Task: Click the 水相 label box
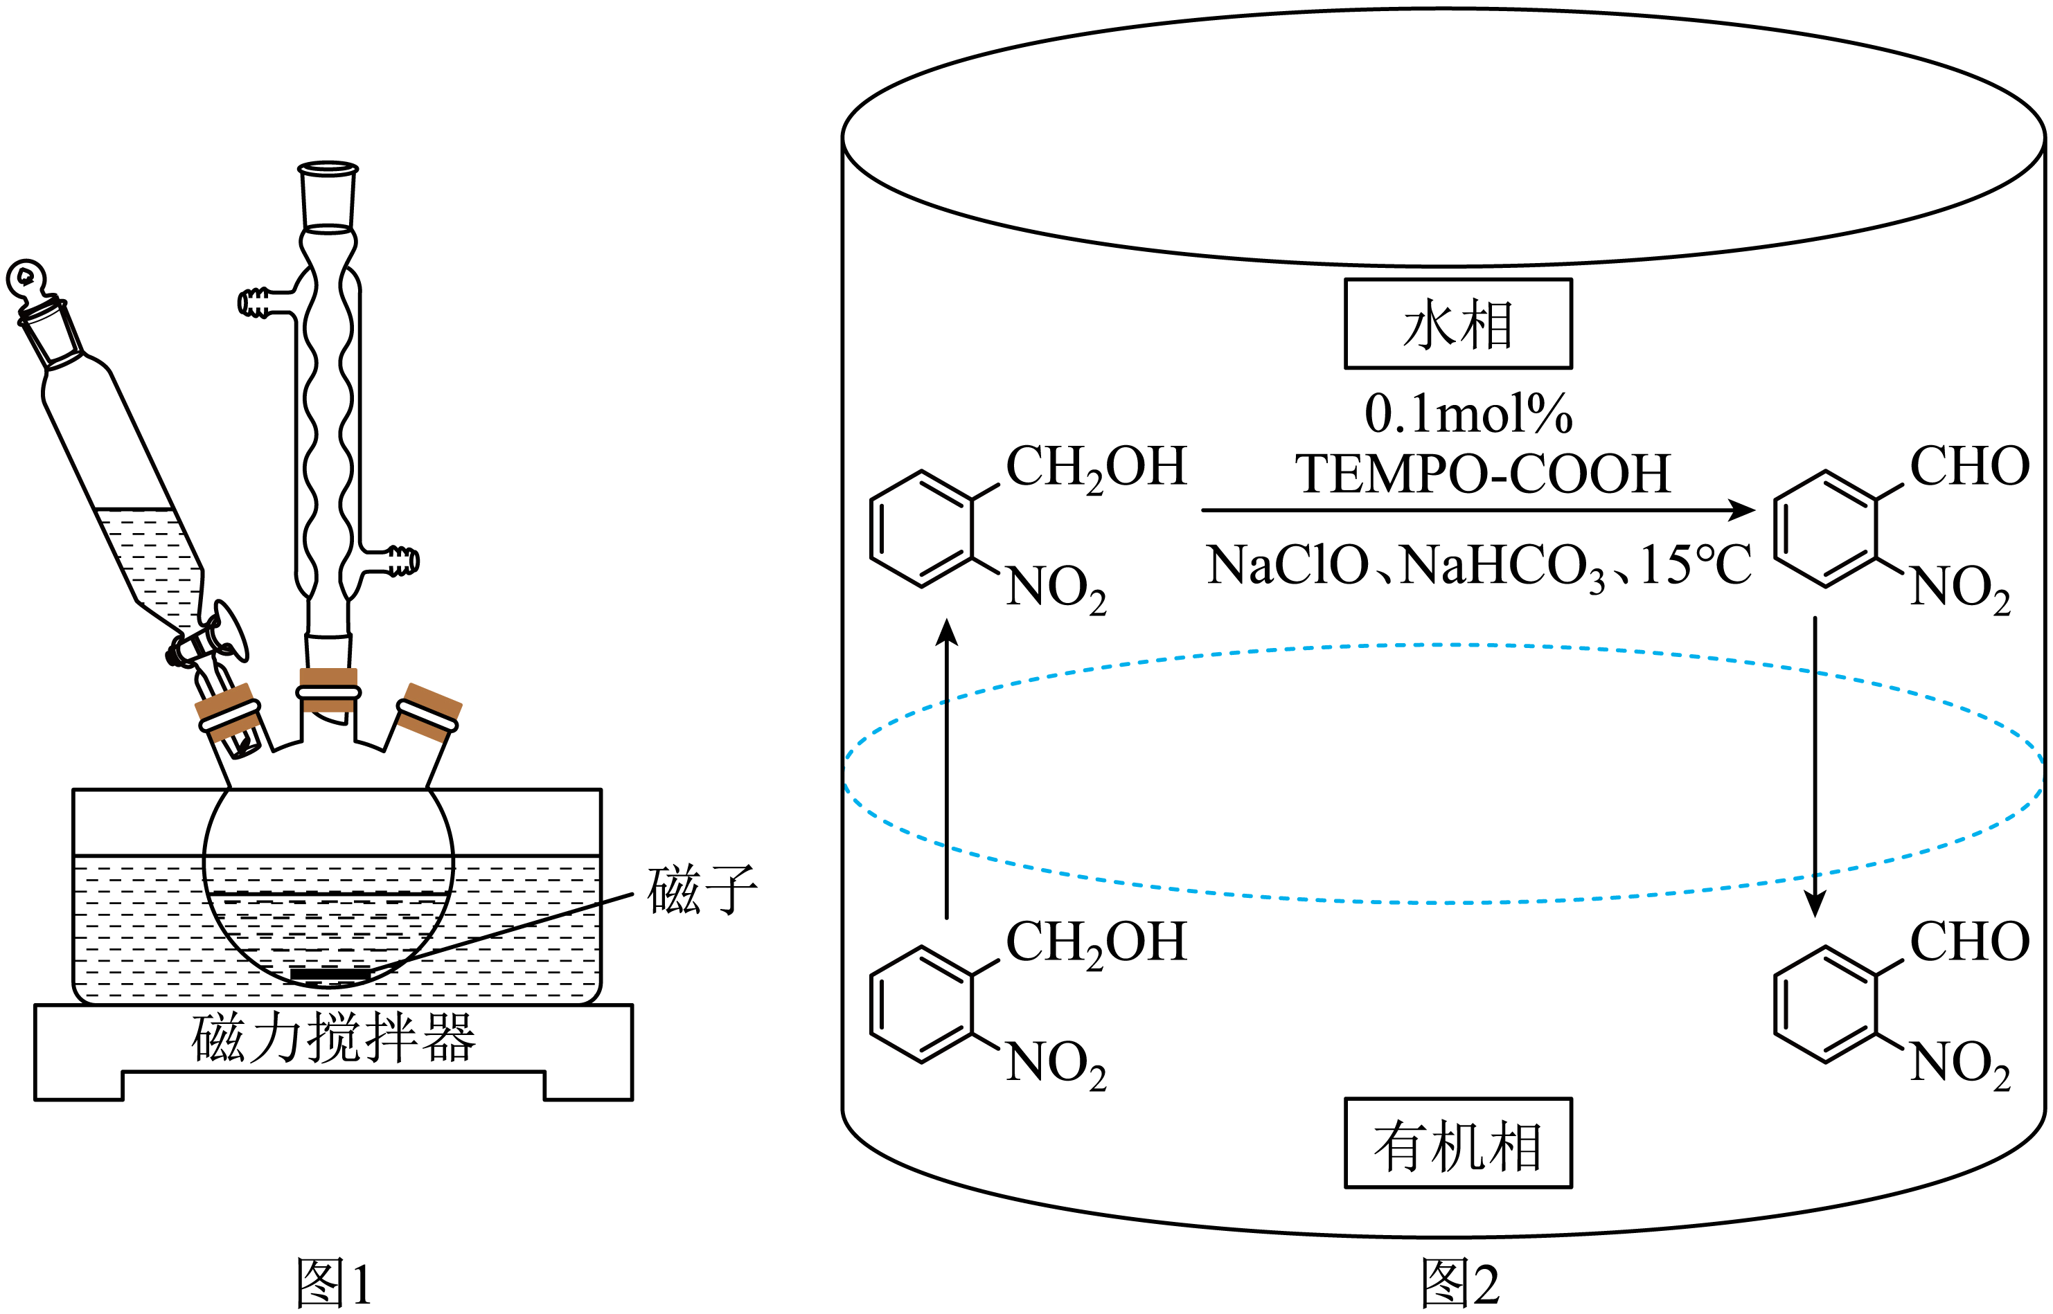pyautogui.click(x=1457, y=324)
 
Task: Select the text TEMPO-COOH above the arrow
pyautogui.click(x=1483, y=474)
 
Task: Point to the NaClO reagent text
pyautogui.click(x=1288, y=565)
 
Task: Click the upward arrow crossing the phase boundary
pyautogui.click(x=947, y=768)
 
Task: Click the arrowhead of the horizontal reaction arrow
pyautogui.click(x=1741, y=510)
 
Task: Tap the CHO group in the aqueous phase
pyautogui.click(x=1970, y=467)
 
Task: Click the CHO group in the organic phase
pyautogui.click(x=1970, y=942)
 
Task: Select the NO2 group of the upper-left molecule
pyautogui.click(x=1056, y=588)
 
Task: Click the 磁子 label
pyautogui.click(x=702, y=889)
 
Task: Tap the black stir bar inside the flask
pyautogui.click(x=331, y=973)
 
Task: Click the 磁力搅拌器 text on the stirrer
pyautogui.click(x=333, y=1038)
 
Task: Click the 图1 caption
pyautogui.click(x=334, y=1282)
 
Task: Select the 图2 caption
pyautogui.click(x=1459, y=1282)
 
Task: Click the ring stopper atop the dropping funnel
pyautogui.click(x=26, y=278)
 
